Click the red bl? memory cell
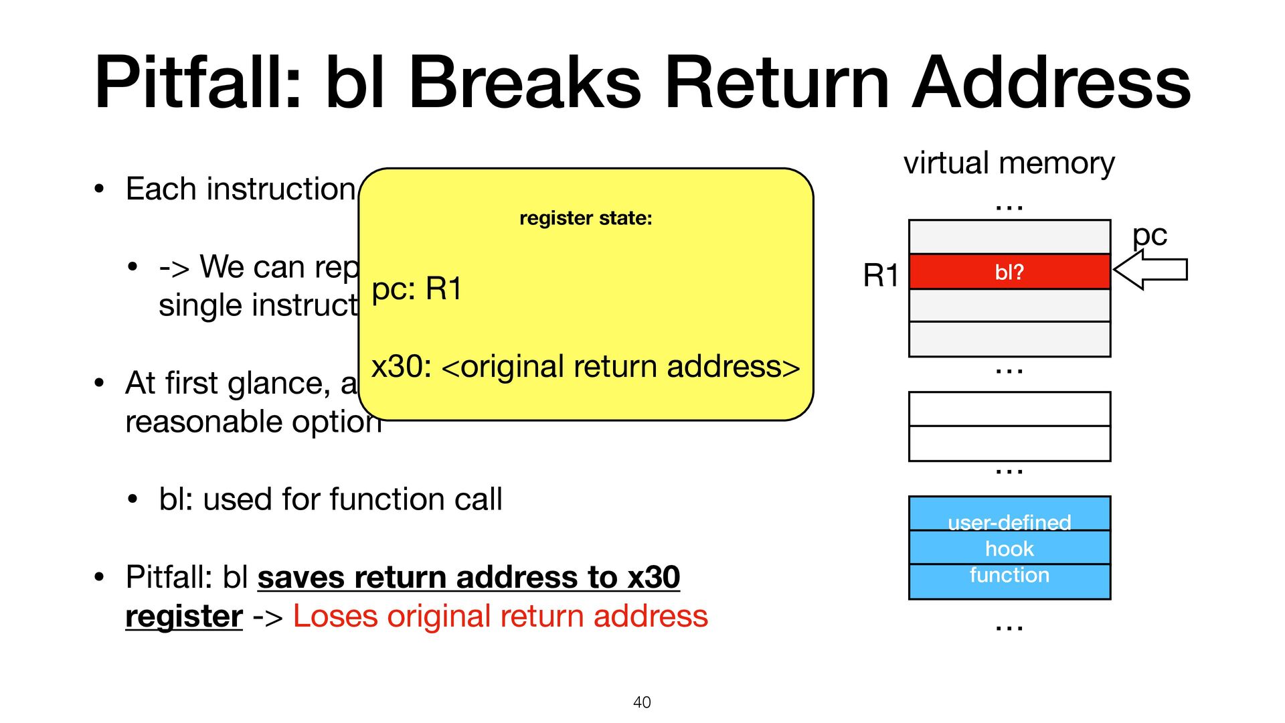tap(1009, 272)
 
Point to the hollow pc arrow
tap(1150, 270)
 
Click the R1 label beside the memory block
tap(880, 275)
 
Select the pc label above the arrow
tap(1149, 236)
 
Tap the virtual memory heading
tap(1009, 163)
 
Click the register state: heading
tap(586, 218)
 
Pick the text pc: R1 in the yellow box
tap(416, 289)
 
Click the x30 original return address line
tap(586, 367)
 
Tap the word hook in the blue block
tap(1009, 549)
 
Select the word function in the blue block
tap(1009, 575)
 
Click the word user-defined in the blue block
tap(1009, 522)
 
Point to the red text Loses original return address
tap(500, 616)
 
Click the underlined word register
tap(184, 616)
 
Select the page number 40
tap(642, 702)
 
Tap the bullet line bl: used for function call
tap(331, 499)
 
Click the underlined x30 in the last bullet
tap(653, 577)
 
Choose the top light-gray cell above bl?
tap(1009, 237)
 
